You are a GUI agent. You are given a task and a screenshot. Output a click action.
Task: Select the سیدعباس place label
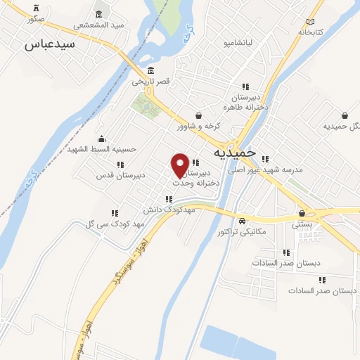50,44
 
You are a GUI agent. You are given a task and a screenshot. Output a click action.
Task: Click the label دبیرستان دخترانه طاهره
243,103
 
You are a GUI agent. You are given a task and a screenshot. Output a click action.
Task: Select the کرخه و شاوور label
199,126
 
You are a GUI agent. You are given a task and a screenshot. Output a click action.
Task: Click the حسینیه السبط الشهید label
104,149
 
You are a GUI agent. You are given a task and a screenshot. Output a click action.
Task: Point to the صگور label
35,19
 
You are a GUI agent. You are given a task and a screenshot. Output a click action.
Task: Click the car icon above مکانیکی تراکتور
242,220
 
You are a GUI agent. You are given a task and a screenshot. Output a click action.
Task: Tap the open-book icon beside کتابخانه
310,21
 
